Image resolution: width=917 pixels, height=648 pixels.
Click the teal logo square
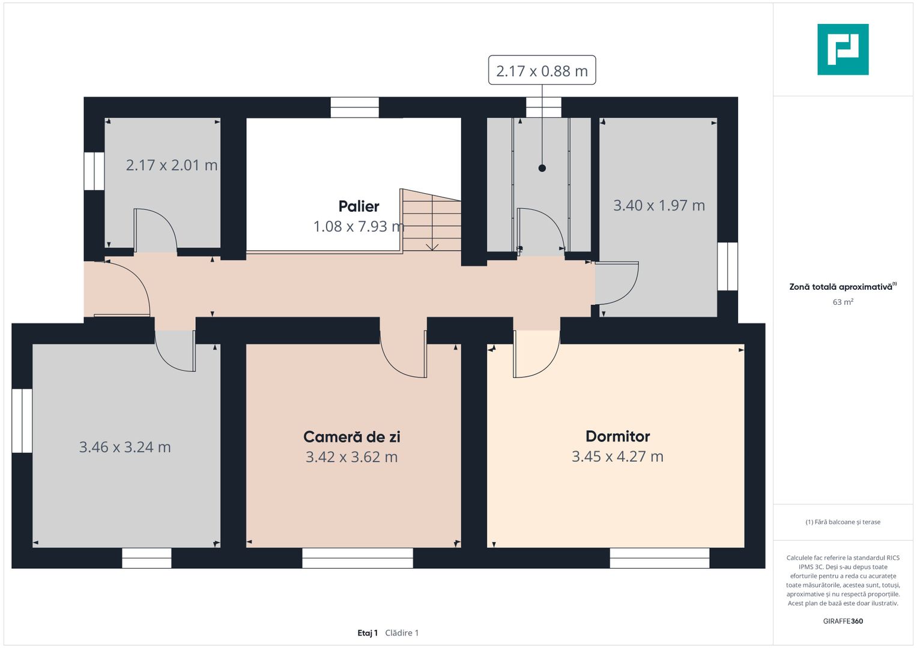(x=843, y=49)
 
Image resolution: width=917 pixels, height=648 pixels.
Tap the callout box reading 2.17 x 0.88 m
(x=542, y=70)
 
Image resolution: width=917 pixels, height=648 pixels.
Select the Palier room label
(x=359, y=206)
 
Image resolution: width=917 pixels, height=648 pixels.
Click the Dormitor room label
(x=618, y=437)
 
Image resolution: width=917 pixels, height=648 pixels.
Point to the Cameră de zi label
(x=352, y=437)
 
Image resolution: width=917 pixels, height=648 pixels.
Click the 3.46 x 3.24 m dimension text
(x=125, y=447)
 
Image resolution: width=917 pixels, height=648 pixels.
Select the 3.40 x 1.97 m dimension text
(x=659, y=205)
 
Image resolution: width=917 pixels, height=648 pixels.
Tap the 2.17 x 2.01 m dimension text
(x=172, y=165)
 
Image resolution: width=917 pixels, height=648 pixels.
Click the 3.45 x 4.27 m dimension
(x=618, y=457)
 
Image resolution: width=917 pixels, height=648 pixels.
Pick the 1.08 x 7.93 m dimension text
(x=359, y=227)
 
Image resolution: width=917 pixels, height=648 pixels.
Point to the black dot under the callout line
(x=542, y=168)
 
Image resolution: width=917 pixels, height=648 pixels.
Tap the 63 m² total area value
(x=843, y=302)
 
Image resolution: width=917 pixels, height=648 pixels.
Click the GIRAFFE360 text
(x=843, y=621)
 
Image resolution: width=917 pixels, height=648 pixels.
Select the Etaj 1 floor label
(x=368, y=633)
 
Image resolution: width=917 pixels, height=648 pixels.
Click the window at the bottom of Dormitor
(x=659, y=559)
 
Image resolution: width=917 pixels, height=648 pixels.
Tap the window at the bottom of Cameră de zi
(x=358, y=559)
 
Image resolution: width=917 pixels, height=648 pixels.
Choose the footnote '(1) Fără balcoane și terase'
(x=843, y=522)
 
